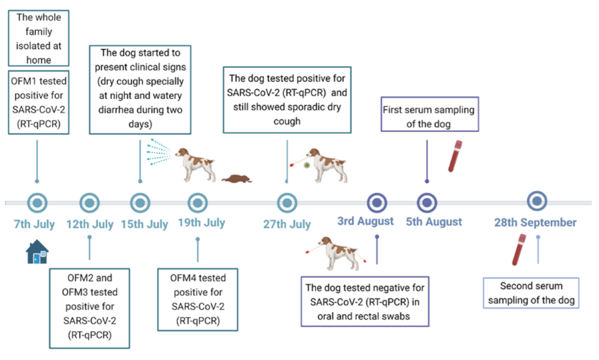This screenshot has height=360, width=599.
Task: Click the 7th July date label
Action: [x=34, y=224]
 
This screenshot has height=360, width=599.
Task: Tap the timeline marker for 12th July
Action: [x=89, y=203]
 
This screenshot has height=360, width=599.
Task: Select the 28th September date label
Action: [x=535, y=222]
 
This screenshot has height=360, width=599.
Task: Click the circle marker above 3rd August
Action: [x=377, y=203]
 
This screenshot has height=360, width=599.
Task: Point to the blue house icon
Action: [x=37, y=252]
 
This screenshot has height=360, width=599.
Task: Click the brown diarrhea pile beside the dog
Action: [x=237, y=178]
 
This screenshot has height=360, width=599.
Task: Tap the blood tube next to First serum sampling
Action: [x=455, y=156]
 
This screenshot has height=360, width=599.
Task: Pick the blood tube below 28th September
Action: [x=519, y=249]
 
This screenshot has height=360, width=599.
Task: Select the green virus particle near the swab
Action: [x=307, y=165]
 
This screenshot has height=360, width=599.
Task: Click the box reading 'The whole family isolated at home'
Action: [x=39, y=38]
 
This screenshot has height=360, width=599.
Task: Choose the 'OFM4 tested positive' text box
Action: [x=198, y=299]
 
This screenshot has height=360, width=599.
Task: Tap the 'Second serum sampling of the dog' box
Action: [x=531, y=293]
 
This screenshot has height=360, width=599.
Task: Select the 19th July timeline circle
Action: [x=198, y=203]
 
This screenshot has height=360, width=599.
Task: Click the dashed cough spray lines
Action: [x=159, y=152]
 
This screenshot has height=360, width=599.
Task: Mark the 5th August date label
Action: [x=434, y=222]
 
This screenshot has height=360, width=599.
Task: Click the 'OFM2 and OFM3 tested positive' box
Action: [x=90, y=308]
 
